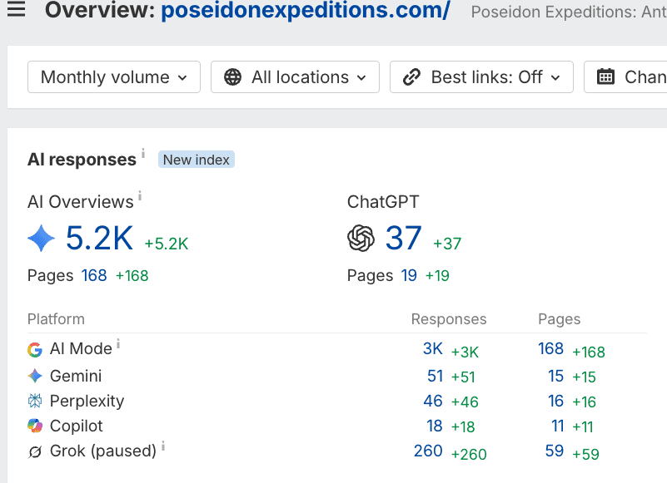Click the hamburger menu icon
point(16,8)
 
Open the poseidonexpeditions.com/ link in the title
point(306,9)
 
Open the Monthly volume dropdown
point(113,76)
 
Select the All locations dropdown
point(295,76)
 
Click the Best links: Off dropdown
point(481,76)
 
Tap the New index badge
point(196,160)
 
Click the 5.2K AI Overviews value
point(99,238)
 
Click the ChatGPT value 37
point(403,238)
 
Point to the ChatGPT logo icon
point(361,238)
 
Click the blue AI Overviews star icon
point(42,238)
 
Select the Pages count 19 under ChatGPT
point(409,275)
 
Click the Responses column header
point(449,319)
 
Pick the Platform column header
point(56,319)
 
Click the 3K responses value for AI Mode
point(433,349)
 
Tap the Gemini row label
point(76,376)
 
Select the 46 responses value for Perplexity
point(433,401)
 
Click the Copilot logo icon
point(35,426)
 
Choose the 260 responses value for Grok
point(428,451)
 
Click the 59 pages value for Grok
point(555,451)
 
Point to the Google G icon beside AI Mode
point(35,350)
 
